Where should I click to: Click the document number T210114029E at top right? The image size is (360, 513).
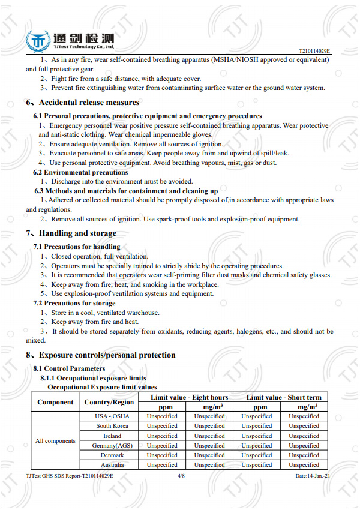[x=314, y=52]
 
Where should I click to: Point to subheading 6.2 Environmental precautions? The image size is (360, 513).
[x=80, y=172]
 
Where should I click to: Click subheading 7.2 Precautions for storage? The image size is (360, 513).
[x=75, y=304]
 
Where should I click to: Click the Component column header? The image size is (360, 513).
[x=55, y=402]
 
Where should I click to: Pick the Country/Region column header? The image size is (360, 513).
[x=109, y=402]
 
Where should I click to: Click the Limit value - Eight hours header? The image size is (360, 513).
[x=189, y=397]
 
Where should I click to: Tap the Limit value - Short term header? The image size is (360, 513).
[x=284, y=397]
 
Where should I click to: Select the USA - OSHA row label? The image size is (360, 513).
[x=112, y=416]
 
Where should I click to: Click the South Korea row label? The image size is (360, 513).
[x=112, y=426]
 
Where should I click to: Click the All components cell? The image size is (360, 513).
[x=55, y=441]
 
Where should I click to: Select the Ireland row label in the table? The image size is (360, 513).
[x=112, y=436]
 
